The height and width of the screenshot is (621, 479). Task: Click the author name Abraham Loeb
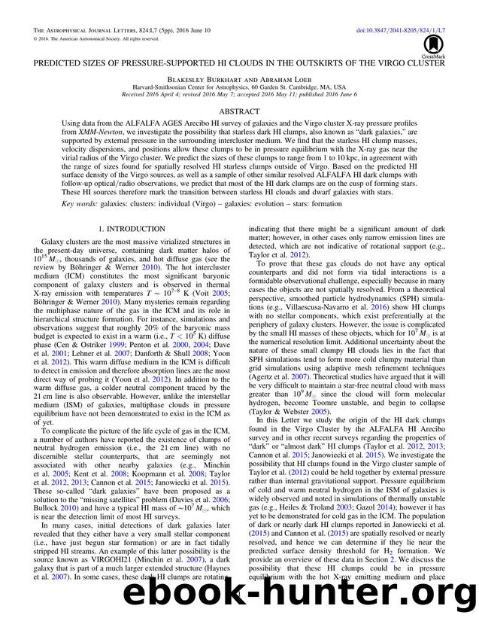pyautogui.click(x=273, y=77)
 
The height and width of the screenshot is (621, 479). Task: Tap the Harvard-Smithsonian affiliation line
pyautogui.click(x=240, y=87)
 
